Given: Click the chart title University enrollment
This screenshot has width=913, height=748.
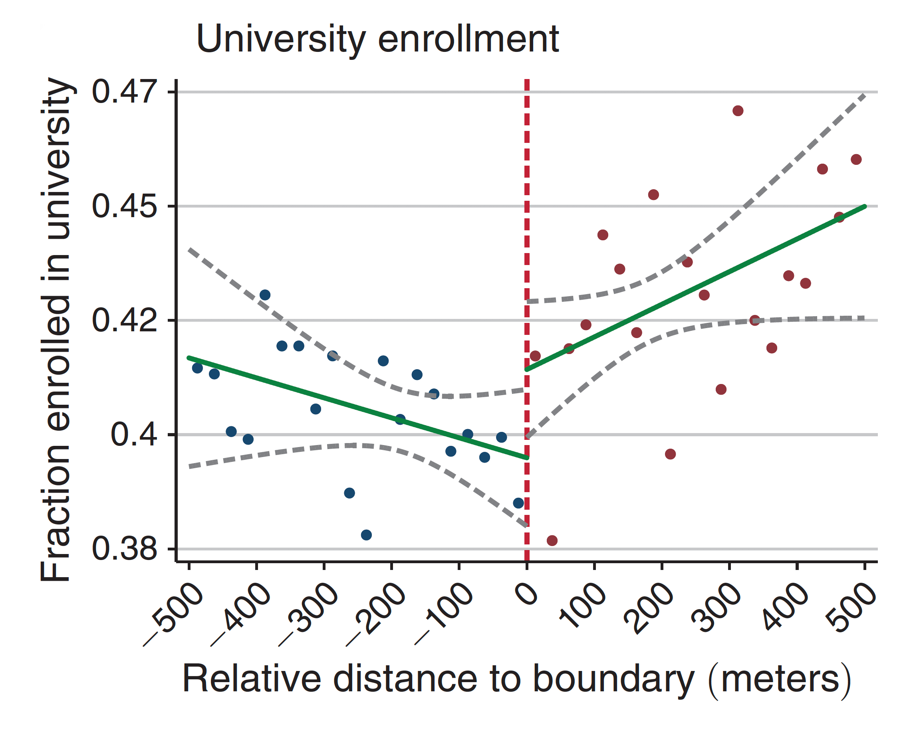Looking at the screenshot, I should pyautogui.click(x=377, y=40).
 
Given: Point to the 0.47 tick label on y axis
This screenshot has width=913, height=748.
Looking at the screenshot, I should pyautogui.click(x=124, y=92).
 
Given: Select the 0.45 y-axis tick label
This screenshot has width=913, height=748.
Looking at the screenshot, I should pyautogui.click(x=124, y=206).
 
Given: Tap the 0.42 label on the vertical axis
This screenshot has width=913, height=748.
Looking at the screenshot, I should pyautogui.click(x=124, y=321).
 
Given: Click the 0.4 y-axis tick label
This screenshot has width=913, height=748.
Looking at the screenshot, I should pyautogui.click(x=134, y=435).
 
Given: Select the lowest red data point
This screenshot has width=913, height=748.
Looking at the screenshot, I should pyautogui.click(x=552, y=541).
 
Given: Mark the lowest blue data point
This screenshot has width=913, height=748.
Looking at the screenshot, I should pyautogui.click(x=366, y=535).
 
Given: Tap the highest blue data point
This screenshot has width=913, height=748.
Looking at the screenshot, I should pyautogui.click(x=265, y=295).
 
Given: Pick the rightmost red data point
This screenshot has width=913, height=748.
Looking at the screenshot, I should pyautogui.click(x=856, y=159).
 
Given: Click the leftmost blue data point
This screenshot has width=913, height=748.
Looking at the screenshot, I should pyautogui.click(x=197, y=368).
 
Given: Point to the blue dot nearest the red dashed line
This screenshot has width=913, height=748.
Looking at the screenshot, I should pyautogui.click(x=518, y=503).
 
